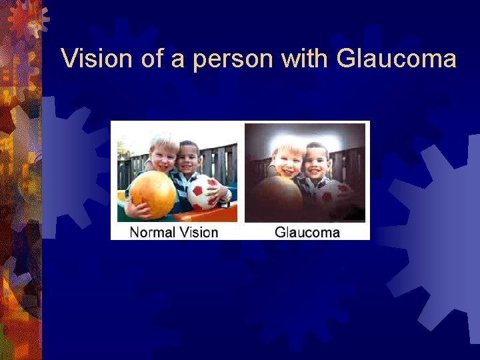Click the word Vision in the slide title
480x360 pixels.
point(97,59)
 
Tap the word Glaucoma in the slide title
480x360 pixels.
point(397,59)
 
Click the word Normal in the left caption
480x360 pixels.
point(151,232)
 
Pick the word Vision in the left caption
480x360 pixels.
point(198,232)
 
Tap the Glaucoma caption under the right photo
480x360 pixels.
point(307,232)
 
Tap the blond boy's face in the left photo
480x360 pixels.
point(162,157)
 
